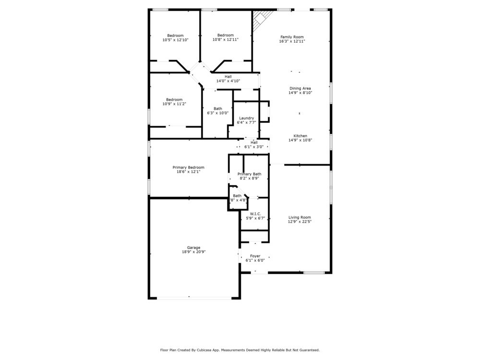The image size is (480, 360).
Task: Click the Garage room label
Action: [191, 248]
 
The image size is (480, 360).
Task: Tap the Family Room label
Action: [292, 37]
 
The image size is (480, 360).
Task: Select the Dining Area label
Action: [300, 88]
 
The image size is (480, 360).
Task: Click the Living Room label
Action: [300, 217]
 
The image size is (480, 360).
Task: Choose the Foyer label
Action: [255, 256]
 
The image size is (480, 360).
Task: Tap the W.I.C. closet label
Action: [255, 214]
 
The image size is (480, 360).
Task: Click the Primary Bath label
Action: [249, 174]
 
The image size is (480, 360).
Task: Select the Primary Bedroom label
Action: [188, 168]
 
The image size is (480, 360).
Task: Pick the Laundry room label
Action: [246, 118]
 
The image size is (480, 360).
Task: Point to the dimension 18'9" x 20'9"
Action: [191, 252]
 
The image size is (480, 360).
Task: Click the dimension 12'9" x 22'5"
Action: [300, 222]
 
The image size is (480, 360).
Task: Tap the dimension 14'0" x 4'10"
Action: [228, 81]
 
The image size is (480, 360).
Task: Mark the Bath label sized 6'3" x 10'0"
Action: [218, 108]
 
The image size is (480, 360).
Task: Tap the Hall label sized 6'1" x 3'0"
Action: [254, 143]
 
